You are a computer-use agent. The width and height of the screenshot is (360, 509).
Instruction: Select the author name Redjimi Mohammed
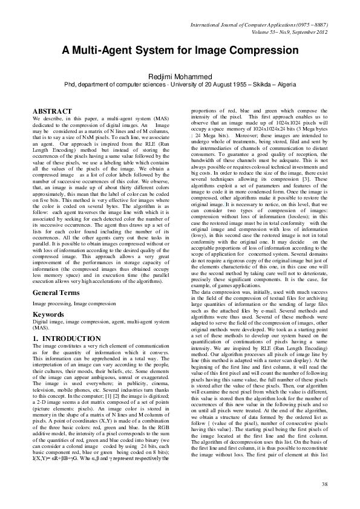180,77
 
